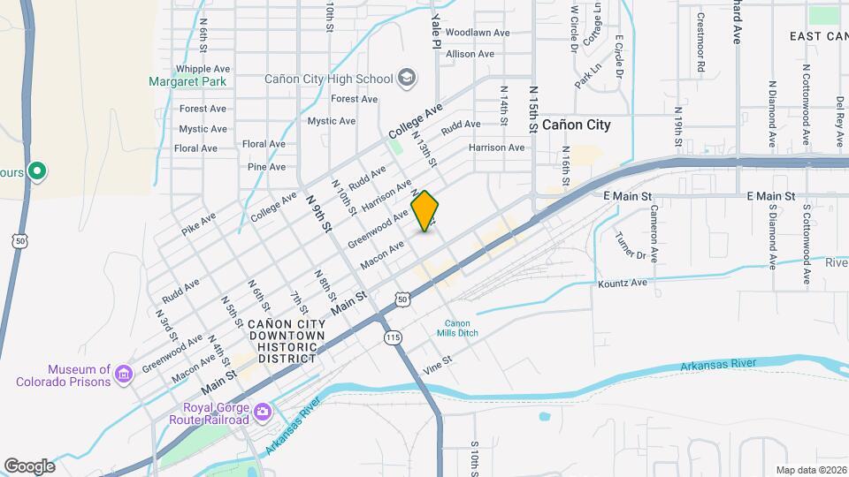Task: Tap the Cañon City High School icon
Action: (407, 79)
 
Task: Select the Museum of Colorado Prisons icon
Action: (124, 375)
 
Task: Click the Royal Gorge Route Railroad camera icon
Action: (263, 413)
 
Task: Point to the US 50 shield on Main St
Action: (402, 300)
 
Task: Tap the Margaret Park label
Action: (187, 81)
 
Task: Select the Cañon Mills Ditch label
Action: (457, 328)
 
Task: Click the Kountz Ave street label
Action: (623, 284)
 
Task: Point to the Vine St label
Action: (437, 367)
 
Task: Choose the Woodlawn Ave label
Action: (478, 33)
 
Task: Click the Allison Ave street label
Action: (470, 54)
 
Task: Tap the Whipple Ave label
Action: (203, 68)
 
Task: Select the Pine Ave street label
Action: (266, 166)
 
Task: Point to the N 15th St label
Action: (533, 110)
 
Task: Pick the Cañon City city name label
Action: (576, 125)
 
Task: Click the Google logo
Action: (29, 466)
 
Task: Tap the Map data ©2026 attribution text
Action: (811, 470)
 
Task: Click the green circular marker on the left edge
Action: (36, 171)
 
